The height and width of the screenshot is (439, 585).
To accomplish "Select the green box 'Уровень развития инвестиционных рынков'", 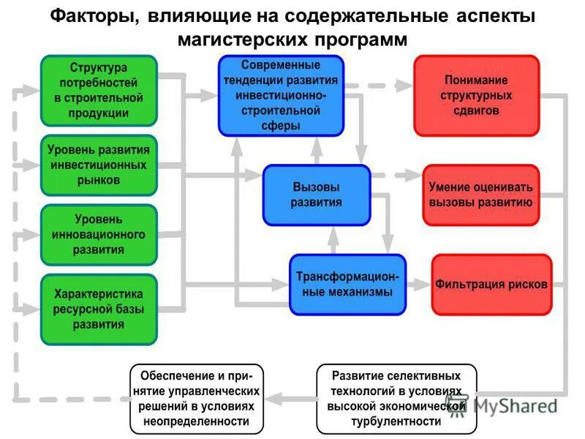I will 99,165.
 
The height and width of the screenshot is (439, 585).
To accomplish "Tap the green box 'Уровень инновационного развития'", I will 99,234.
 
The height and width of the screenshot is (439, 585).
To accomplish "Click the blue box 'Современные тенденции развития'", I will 281,95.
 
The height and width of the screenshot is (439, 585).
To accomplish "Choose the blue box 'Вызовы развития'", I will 316,194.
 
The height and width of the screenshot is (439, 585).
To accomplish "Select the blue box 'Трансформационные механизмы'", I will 347,283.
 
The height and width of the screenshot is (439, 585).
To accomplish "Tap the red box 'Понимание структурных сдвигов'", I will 476,95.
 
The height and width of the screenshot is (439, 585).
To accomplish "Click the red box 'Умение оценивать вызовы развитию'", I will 480,195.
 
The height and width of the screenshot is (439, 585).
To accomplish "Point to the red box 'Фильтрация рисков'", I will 491,284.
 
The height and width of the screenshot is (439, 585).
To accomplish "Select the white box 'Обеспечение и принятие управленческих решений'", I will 196,398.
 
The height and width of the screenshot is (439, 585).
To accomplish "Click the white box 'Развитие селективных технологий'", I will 396,398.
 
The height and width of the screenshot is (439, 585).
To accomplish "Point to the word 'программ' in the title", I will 364,40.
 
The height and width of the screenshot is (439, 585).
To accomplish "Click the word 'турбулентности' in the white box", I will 396,422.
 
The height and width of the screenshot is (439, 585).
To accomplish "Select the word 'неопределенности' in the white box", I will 196,422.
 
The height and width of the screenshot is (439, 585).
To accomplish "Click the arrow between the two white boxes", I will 289,398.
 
